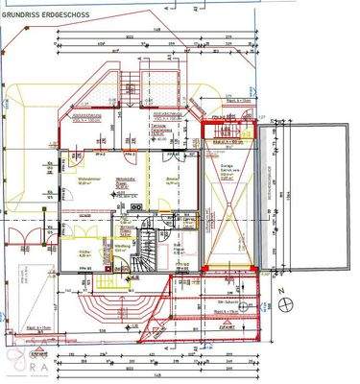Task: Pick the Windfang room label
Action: (122, 246)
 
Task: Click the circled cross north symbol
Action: (287, 306)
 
